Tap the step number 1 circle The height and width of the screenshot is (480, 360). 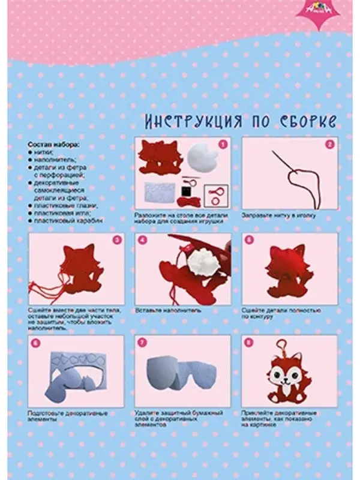222,145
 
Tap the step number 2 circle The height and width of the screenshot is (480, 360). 329,145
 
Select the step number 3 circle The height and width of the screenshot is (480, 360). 117,239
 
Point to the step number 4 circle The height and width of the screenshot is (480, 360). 143,239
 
